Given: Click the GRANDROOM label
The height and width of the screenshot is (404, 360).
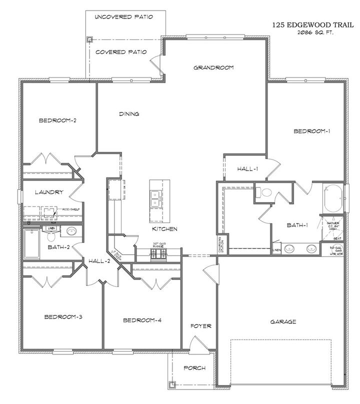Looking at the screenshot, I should coord(213,67).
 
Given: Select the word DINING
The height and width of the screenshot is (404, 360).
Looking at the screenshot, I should coord(128,114).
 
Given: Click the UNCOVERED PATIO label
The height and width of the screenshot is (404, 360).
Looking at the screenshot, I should coord(123,16).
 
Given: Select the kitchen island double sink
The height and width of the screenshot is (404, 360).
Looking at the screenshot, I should coord(155,197).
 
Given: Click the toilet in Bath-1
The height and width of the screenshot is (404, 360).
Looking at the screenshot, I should coord(264,191).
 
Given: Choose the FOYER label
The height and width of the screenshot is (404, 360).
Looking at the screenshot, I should coord(201,326).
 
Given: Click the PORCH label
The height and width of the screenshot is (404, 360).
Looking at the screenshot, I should coord(194,368).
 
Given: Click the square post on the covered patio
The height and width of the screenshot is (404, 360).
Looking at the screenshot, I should coord(89,40).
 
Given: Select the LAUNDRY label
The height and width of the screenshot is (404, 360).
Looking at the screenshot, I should coord(48,192).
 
